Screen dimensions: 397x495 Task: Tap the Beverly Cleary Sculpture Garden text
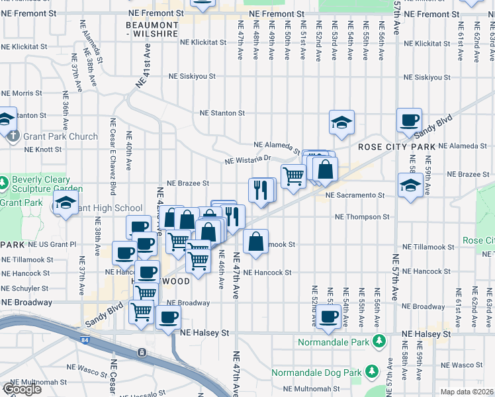(42, 184)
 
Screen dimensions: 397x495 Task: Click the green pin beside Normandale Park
(379, 342)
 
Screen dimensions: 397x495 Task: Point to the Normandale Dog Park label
(318, 373)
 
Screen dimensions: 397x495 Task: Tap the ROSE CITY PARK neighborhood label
(397, 146)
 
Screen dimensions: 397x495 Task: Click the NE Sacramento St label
(355, 195)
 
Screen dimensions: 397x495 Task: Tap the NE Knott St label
(42, 150)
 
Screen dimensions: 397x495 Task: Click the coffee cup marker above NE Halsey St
(329, 316)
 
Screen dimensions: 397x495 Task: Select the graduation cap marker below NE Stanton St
(341, 122)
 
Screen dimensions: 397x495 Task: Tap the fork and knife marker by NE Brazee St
(261, 190)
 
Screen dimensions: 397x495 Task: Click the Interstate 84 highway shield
(142, 353)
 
